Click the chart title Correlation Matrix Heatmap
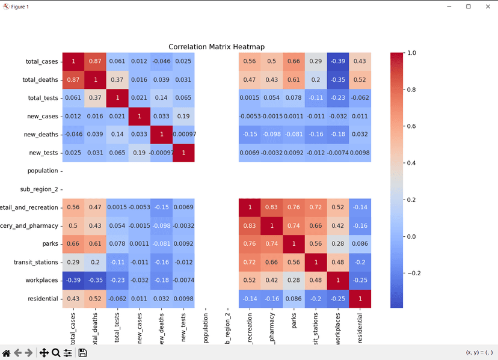[216, 47]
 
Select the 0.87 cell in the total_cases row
[95, 61]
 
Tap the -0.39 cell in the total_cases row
[337, 61]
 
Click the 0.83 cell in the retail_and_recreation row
[271, 207]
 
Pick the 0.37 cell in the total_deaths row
[117, 80]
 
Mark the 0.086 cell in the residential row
[294, 299]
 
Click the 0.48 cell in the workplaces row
[316, 280]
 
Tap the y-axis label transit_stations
[35, 262]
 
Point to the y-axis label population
[43, 171]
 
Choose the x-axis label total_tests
[117, 328]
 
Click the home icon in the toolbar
[7, 353]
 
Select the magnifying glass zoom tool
[56, 353]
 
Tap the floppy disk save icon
[83, 353]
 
